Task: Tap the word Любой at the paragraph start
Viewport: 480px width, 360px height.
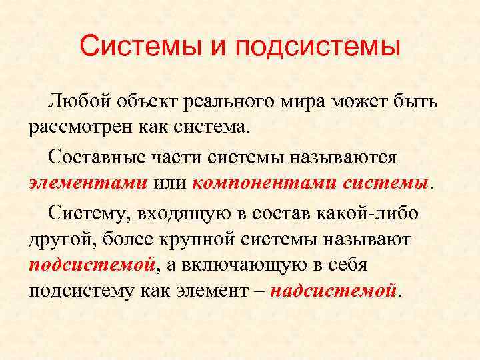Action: pyautogui.click(x=77, y=102)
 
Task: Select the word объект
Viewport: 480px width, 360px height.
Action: pyautogui.click(x=146, y=102)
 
